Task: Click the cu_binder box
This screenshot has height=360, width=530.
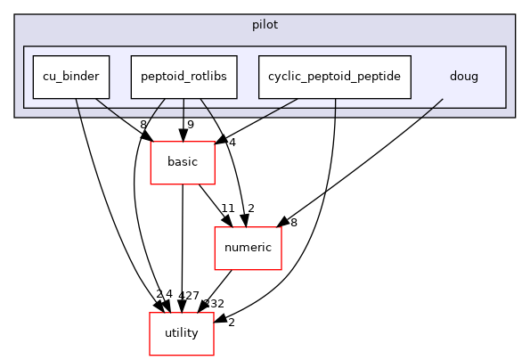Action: pos(71,77)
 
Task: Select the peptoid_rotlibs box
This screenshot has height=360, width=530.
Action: pos(183,77)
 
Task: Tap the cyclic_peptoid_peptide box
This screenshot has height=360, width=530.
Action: pos(335,77)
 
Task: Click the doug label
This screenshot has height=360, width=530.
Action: pos(463,77)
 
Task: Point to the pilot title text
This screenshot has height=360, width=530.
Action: pos(265,25)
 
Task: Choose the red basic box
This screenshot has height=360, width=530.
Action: pos(183,163)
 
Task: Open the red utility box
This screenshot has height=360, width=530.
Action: pos(182,333)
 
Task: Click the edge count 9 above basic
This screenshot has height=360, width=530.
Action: pos(190,125)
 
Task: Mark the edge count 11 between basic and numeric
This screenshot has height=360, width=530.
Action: pos(227,209)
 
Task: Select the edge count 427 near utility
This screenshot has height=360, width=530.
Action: pos(187,294)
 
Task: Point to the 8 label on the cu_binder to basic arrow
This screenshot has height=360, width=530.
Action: pos(143,125)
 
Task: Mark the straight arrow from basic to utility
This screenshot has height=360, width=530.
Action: pos(182,241)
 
